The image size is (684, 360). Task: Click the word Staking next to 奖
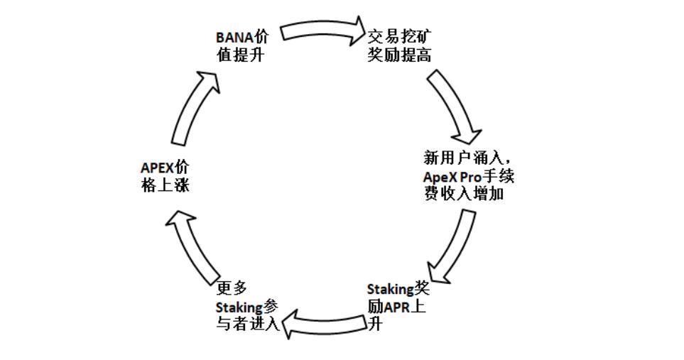point(390,290)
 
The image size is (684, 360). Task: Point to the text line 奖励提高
point(399,55)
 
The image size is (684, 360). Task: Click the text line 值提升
point(241,55)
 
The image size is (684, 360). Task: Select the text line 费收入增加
point(465,193)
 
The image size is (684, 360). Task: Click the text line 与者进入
point(247,325)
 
